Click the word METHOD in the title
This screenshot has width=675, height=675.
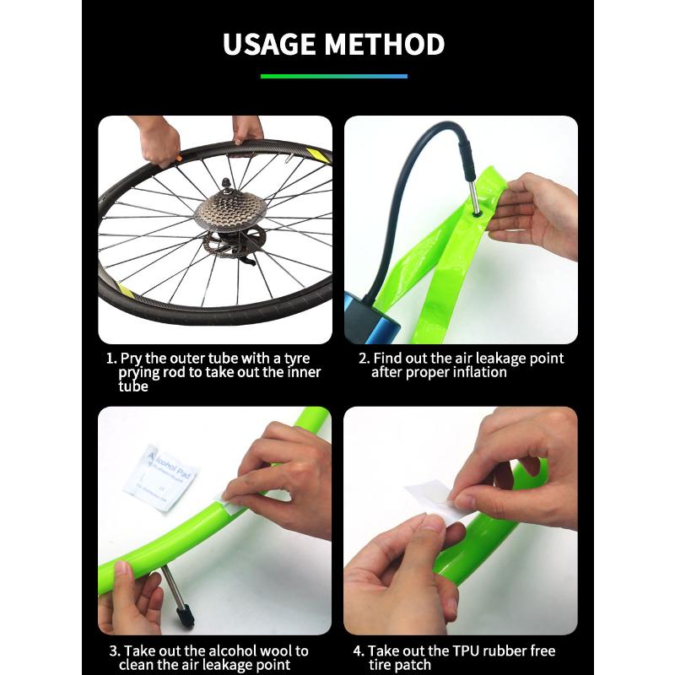[391, 44]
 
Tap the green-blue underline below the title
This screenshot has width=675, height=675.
[334, 76]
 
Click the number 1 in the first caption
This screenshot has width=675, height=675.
[110, 359]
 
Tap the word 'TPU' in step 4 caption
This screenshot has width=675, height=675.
[469, 651]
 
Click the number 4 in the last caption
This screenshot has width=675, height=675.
[357, 651]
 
